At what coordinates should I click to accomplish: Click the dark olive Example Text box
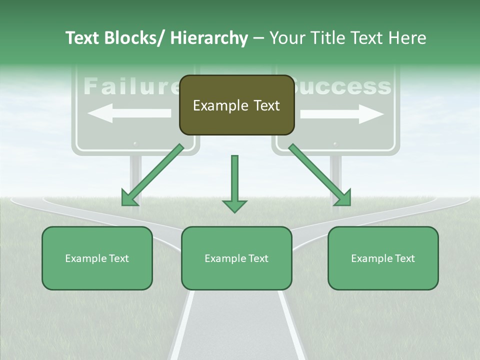pos(236,105)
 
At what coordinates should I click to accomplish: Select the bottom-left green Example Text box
pos(97,258)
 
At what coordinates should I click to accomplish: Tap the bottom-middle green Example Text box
pos(236,258)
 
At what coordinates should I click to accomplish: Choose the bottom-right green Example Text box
pos(383,258)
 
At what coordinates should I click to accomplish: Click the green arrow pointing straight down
pos(235,183)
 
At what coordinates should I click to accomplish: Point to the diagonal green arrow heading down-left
pos(152,175)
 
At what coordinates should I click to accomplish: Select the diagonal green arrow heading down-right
pos(319,175)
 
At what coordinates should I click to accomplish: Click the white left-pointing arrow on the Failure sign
pos(129,113)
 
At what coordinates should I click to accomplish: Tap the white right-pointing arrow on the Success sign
pos(342,114)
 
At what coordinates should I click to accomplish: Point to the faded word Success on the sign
pos(343,87)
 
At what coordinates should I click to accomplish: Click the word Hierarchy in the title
pos(209,38)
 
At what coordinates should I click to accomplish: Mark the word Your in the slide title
pos(288,38)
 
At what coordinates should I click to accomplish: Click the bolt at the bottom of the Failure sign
pos(135,144)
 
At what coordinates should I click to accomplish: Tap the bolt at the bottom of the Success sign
pos(335,144)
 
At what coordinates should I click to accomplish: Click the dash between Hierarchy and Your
pos(258,39)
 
